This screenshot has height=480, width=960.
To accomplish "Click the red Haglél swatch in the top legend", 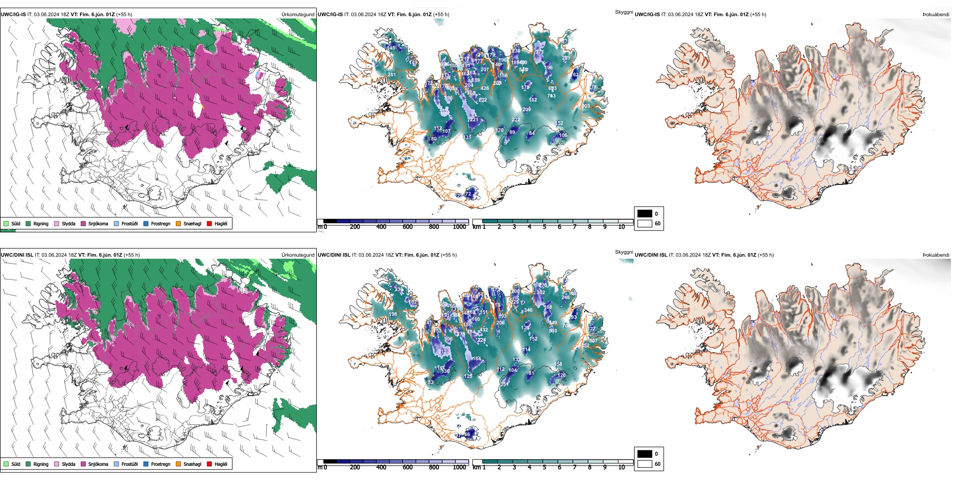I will click(x=209, y=223).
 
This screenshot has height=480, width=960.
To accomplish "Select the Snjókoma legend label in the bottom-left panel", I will click(x=98, y=464).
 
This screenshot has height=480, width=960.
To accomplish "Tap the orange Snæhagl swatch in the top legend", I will click(x=178, y=223).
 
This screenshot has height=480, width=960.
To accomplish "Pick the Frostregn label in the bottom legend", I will click(x=161, y=464).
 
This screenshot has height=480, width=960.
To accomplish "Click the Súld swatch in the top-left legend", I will click(x=6, y=223).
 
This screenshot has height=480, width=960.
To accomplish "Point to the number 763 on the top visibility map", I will click(x=551, y=95).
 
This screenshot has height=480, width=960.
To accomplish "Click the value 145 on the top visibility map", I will click(x=391, y=48).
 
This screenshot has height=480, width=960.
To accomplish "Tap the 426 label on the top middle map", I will click(x=485, y=88).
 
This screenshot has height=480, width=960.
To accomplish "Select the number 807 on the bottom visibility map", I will click(x=593, y=341).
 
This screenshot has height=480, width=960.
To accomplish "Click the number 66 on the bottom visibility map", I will click(x=467, y=434).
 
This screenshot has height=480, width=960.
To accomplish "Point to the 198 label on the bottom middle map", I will click(x=393, y=314).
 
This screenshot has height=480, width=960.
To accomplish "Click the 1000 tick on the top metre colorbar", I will click(x=459, y=227).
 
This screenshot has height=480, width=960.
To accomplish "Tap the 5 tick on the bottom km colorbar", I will click(x=544, y=467).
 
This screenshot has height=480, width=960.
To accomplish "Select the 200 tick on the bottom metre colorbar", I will click(x=355, y=467).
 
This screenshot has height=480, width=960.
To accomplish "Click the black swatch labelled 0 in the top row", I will click(x=645, y=214).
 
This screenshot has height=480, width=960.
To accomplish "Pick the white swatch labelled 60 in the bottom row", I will click(x=645, y=464).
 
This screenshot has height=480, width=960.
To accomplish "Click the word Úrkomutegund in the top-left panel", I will click(x=298, y=15).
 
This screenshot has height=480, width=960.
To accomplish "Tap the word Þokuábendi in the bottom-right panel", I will click(x=936, y=255).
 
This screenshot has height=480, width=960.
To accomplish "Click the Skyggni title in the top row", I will click(x=623, y=12).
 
